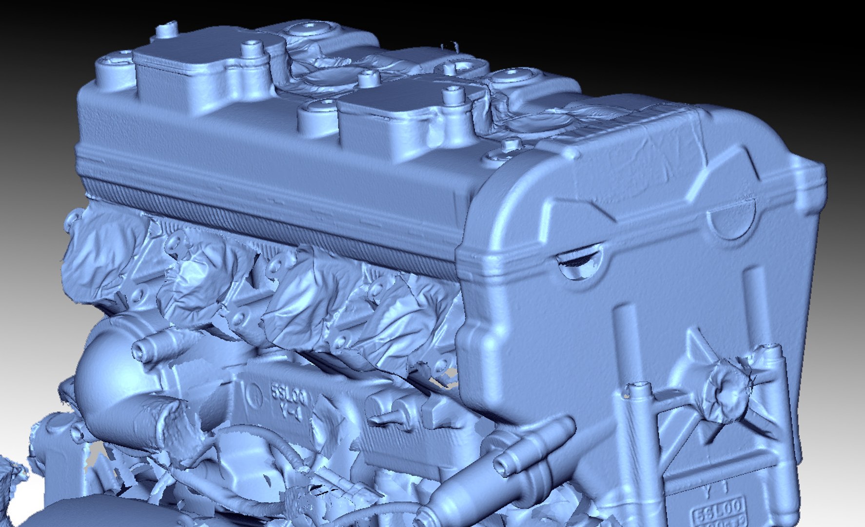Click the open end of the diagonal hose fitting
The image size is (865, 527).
pyautogui.click(x=502, y=463)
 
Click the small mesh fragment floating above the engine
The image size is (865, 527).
pyautogui.click(x=451, y=46)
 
